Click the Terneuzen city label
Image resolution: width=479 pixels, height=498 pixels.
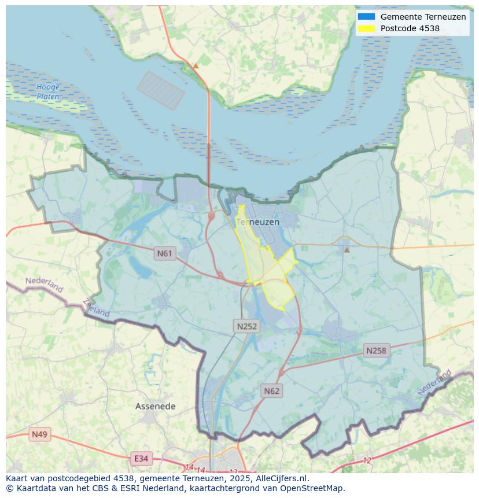pos(258,222)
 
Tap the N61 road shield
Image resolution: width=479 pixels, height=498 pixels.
pos(165,253)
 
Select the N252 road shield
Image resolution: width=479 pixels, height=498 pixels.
pos(247,326)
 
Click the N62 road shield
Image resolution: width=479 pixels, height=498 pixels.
pos(271,391)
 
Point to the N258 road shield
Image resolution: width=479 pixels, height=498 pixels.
pos(376,351)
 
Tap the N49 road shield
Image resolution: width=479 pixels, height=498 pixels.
pos(39,434)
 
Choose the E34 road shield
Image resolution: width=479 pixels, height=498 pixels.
pos(141,459)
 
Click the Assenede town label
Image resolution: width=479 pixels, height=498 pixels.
pos(155,407)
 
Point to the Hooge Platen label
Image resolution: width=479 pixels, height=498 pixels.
pos(48,92)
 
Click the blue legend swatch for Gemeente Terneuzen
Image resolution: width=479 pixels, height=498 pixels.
pos(366,17)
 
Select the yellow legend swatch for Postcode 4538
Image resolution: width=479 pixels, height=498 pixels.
pos(366,28)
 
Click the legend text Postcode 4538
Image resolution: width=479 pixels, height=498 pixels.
pos(410,28)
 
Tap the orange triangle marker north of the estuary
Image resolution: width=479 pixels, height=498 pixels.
pos(196,66)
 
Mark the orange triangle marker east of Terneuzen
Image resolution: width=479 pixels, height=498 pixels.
pos(347,250)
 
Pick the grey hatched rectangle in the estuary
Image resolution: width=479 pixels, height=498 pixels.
pos(161,90)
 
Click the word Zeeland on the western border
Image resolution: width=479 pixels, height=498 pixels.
pos(96,308)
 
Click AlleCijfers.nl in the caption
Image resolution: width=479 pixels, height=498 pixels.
pos(282,478)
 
